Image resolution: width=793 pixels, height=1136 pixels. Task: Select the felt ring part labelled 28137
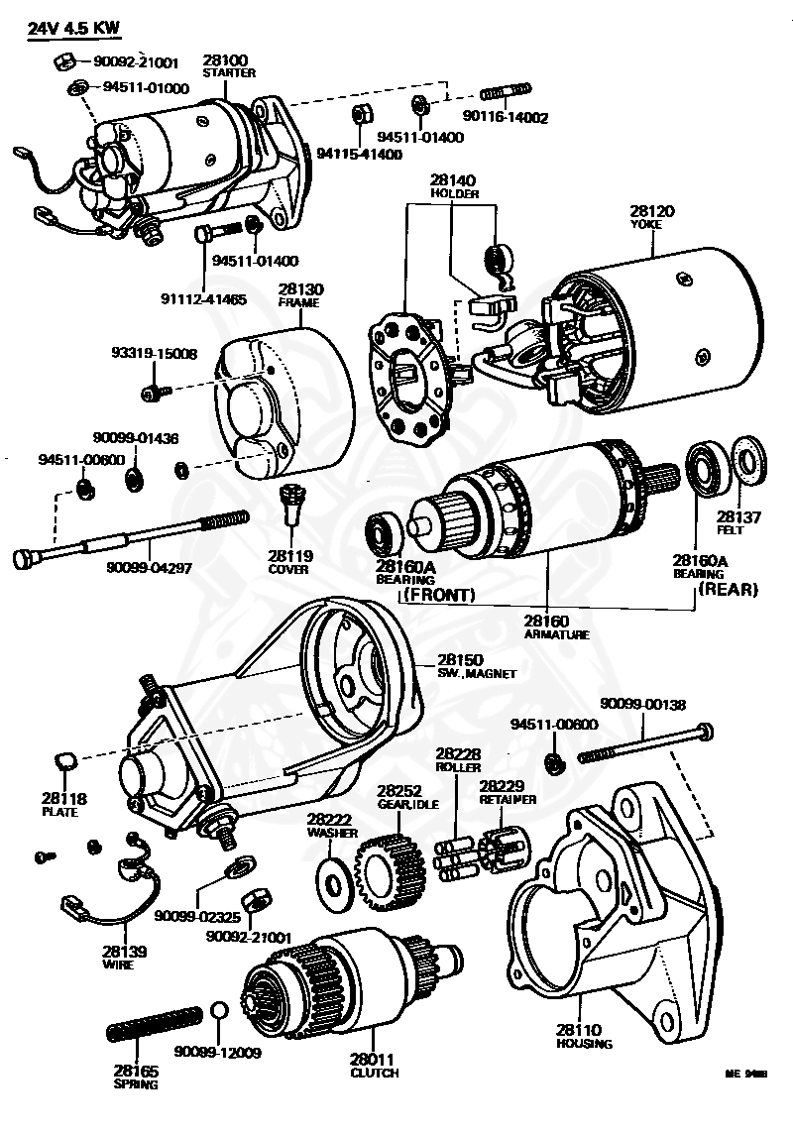(747, 462)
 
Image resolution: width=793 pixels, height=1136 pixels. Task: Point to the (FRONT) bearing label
(437, 595)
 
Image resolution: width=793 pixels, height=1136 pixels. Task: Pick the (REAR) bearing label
(728, 589)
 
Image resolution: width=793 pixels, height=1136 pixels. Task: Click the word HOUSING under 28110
(584, 1043)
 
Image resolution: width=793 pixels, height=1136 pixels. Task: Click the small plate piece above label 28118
(64, 760)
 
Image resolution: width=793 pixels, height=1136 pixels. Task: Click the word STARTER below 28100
(229, 72)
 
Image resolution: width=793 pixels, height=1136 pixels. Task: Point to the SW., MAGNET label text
(477, 673)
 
